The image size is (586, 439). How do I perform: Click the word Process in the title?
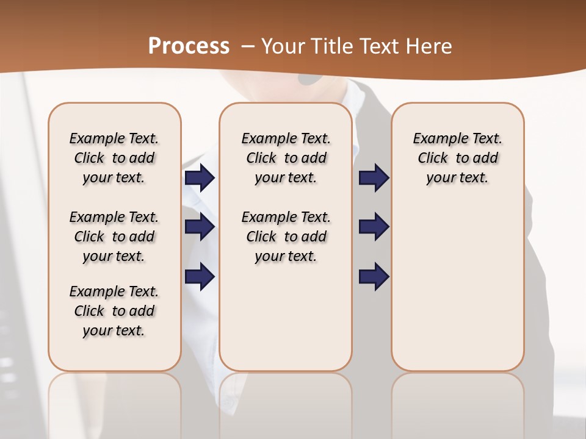click(x=189, y=46)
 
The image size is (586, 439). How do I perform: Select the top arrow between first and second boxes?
click(x=200, y=178)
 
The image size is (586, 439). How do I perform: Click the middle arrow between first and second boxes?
click(x=200, y=227)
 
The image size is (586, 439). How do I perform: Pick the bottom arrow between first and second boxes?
click(x=200, y=276)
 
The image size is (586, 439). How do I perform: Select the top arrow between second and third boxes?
click(x=374, y=178)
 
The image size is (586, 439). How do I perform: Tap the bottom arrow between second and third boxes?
click(x=374, y=276)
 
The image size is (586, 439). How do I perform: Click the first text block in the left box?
click(x=114, y=158)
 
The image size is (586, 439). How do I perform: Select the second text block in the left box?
click(x=114, y=237)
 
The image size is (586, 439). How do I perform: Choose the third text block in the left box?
click(x=114, y=311)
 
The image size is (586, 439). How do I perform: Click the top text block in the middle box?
click(x=286, y=158)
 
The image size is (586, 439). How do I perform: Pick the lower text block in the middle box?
click(x=286, y=237)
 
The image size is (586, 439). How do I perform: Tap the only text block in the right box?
click(x=457, y=158)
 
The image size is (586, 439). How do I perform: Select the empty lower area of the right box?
click(x=457, y=280)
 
